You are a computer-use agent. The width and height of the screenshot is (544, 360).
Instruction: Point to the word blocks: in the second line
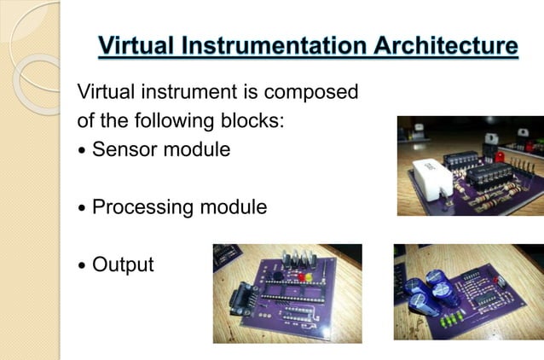point(252,121)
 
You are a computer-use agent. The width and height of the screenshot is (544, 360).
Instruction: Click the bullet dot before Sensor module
point(82,152)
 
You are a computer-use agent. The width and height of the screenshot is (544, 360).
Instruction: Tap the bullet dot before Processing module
point(82,209)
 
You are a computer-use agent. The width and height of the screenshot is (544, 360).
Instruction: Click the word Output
point(123,265)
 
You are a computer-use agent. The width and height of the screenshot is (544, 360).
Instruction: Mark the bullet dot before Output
point(82,266)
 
